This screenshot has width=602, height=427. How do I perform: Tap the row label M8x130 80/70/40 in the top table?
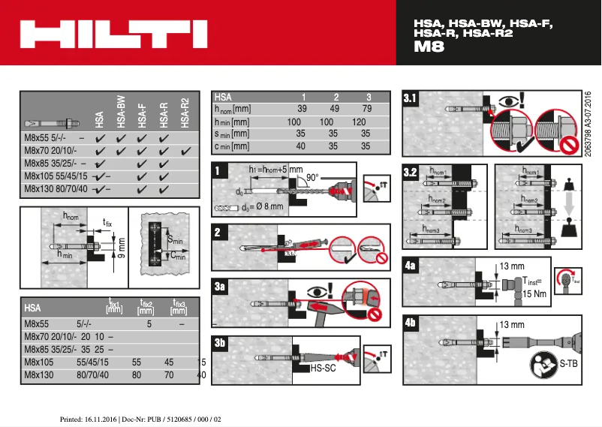coord(56,188)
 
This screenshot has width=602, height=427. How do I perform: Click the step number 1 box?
coord(218,171)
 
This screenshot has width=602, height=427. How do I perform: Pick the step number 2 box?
coord(218,232)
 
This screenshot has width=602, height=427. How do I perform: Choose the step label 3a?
coord(219,286)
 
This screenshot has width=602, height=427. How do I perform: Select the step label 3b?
coord(219,343)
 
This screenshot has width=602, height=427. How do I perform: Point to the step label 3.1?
coord(411,98)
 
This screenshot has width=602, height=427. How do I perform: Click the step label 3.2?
coord(411,173)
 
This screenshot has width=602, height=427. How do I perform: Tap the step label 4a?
coord(411,265)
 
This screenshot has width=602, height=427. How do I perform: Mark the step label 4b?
coord(411,323)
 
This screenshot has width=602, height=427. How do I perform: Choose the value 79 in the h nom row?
coord(366,110)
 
